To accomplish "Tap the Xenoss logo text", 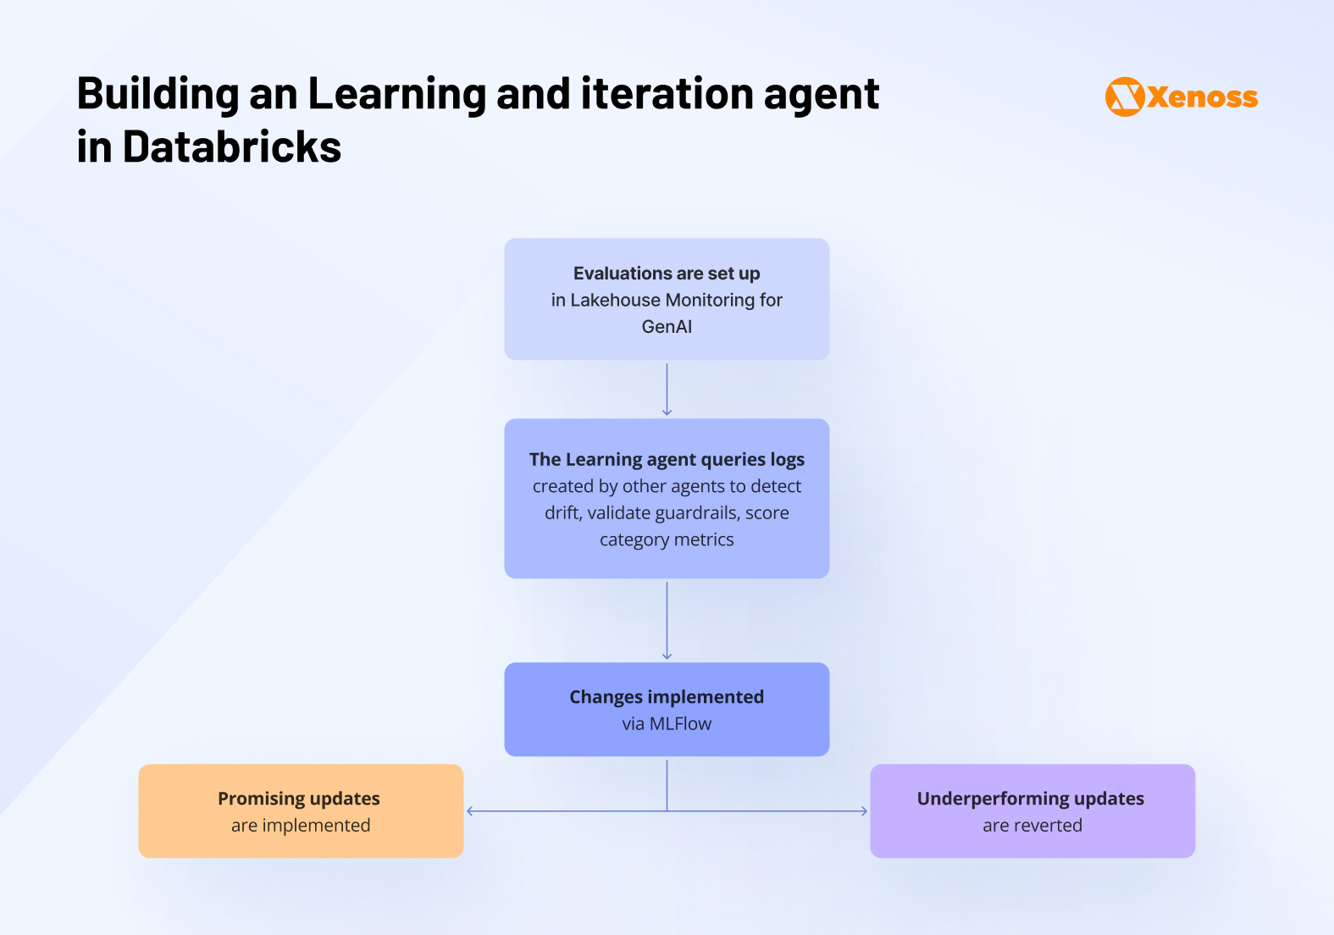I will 1202,97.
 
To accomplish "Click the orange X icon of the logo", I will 1125,97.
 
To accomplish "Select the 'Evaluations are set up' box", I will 667,299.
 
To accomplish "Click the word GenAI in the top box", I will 667,327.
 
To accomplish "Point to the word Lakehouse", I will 615,301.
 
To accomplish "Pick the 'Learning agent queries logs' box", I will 667,498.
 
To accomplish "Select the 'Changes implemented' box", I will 667,709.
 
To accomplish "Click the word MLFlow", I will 680,724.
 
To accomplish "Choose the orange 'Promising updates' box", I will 301,811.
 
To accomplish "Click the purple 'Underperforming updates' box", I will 1032,811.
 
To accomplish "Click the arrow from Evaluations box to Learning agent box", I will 667,390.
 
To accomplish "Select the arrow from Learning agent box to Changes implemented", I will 667,620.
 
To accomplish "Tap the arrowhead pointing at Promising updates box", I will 470,811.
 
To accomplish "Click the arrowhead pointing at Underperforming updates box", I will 864,811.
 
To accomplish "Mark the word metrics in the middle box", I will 704,540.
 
